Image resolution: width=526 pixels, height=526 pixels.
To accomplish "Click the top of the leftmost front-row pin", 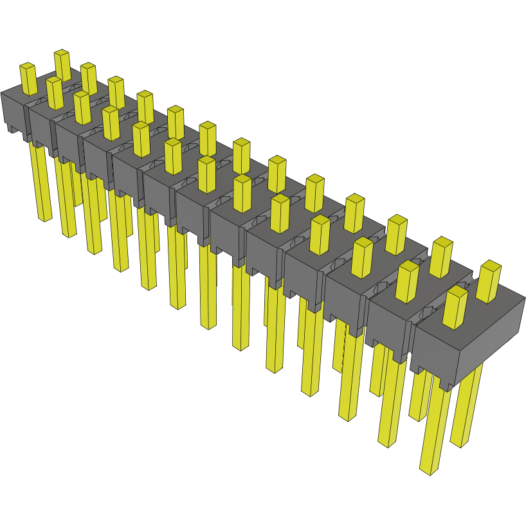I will [27, 66].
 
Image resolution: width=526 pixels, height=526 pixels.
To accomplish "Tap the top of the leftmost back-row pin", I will [62, 53].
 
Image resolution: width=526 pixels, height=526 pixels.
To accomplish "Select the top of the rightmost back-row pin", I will [491, 265].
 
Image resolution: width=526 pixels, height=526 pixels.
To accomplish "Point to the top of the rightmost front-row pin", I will [455, 291].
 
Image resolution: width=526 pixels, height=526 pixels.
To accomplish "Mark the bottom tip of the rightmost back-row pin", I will [459, 443].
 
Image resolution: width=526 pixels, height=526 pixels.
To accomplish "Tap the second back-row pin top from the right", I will [441, 242].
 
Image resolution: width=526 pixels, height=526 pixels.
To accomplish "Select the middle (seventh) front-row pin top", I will [206, 161].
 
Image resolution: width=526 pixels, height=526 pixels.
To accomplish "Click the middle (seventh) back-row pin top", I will [241, 142].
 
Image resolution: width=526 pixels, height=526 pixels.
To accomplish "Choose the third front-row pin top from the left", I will [81, 95].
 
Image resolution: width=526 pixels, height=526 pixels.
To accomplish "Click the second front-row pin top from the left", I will [54, 80].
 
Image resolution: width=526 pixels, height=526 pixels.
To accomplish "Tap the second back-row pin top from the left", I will [88, 66].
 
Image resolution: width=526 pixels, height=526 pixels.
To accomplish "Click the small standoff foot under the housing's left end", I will [12, 129].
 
